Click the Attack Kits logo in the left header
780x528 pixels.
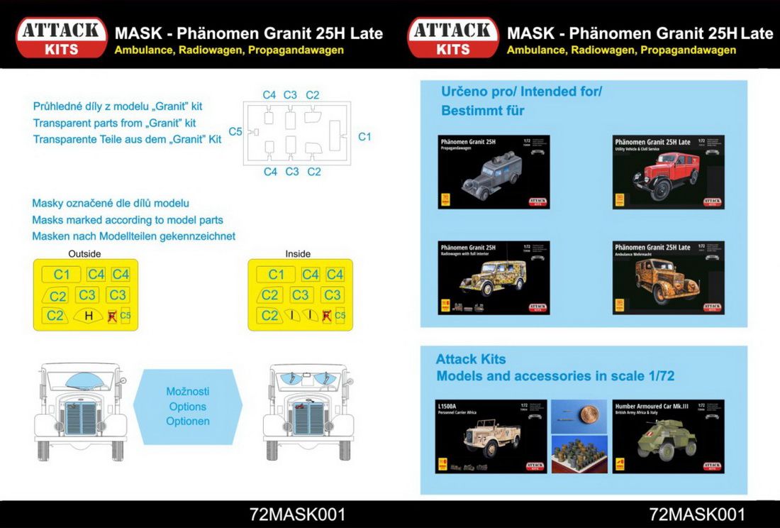coord(62,38)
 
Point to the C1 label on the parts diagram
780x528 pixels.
coord(364,136)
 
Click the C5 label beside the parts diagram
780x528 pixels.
coord(235,132)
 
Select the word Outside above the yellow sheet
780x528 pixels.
coord(84,253)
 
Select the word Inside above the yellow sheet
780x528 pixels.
coord(298,253)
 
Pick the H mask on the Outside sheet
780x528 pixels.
coord(89,316)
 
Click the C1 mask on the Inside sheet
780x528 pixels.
coord(276,275)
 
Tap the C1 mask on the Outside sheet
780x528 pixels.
coord(62,275)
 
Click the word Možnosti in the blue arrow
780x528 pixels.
coord(187,392)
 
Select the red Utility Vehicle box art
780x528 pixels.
coord(668,172)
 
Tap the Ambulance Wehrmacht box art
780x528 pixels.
coord(668,277)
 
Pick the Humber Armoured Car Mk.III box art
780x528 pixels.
coord(668,436)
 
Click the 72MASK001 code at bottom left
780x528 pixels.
coord(298,515)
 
